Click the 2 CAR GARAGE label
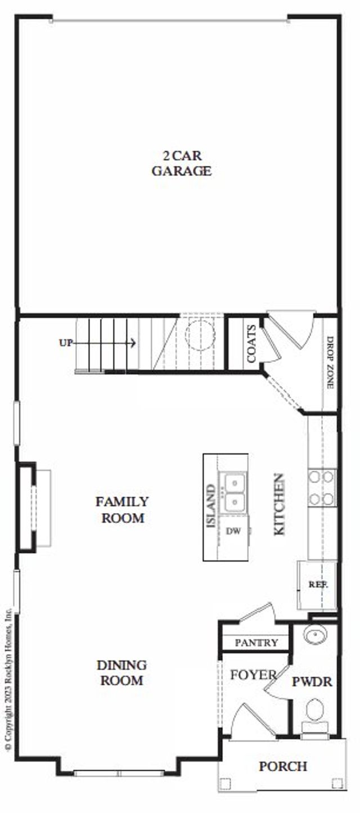pos(181,163)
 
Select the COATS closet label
pos(251,343)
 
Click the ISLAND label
pos(211,506)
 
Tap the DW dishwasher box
pos(233,531)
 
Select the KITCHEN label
pos(279,504)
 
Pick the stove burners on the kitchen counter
pos(321,487)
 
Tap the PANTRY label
pos(256,642)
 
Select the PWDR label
pos(312,682)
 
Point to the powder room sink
pos(316,636)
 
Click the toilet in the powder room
pos(315,712)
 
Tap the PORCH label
pos(283,766)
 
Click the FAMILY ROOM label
pos(122,509)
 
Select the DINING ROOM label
pos(121,672)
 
